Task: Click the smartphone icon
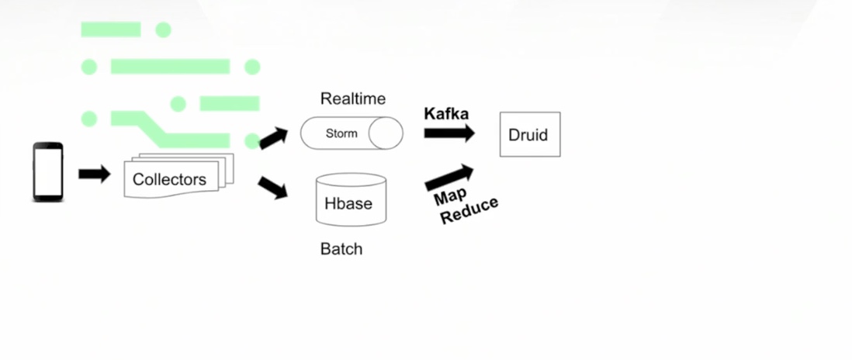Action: [x=47, y=172]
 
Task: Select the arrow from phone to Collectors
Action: [x=95, y=174]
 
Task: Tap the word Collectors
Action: [x=169, y=180]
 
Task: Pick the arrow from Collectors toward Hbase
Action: [x=273, y=189]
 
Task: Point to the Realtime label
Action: [x=353, y=99]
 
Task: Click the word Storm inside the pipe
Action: [x=341, y=133]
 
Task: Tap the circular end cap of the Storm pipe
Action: [x=386, y=133]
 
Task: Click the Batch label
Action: [x=341, y=249]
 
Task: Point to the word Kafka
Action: [x=446, y=114]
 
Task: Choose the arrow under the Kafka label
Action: [x=449, y=133]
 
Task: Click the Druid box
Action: [x=529, y=134]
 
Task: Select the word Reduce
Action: [x=469, y=210]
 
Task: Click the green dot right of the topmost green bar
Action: [x=163, y=30]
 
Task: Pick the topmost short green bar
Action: [x=111, y=29]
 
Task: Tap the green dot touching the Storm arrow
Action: [x=251, y=140]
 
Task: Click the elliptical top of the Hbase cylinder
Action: [x=351, y=180]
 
